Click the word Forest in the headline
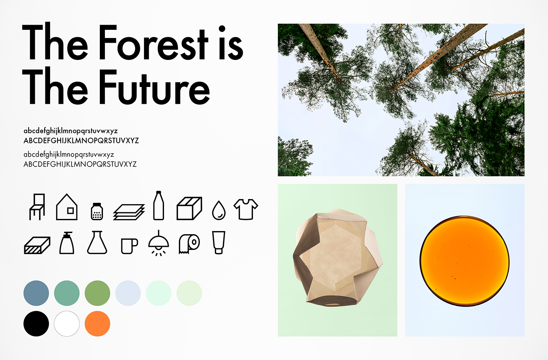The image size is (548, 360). coord(153,42)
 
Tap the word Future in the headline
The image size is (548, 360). coord(154,87)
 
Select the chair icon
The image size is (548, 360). coord(37,207)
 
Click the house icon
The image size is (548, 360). coord(67,207)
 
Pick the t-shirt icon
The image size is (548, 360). coord(246,210)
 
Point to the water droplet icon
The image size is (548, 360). coord(219,210)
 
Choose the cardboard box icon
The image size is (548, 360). coord(189,208)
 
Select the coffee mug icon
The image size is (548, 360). coord(130,246)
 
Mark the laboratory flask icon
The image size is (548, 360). coord(97,242)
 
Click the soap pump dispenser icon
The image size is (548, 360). coord(67,243)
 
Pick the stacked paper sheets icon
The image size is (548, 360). coord(129,212)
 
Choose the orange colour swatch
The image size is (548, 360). coord(97,324)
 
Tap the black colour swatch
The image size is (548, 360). coord(36,324)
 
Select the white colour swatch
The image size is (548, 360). coord(67,324)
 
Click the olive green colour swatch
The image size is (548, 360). coord(97,293)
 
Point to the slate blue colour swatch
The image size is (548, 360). coord(36,293)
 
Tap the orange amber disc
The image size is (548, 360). coord(465,261)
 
